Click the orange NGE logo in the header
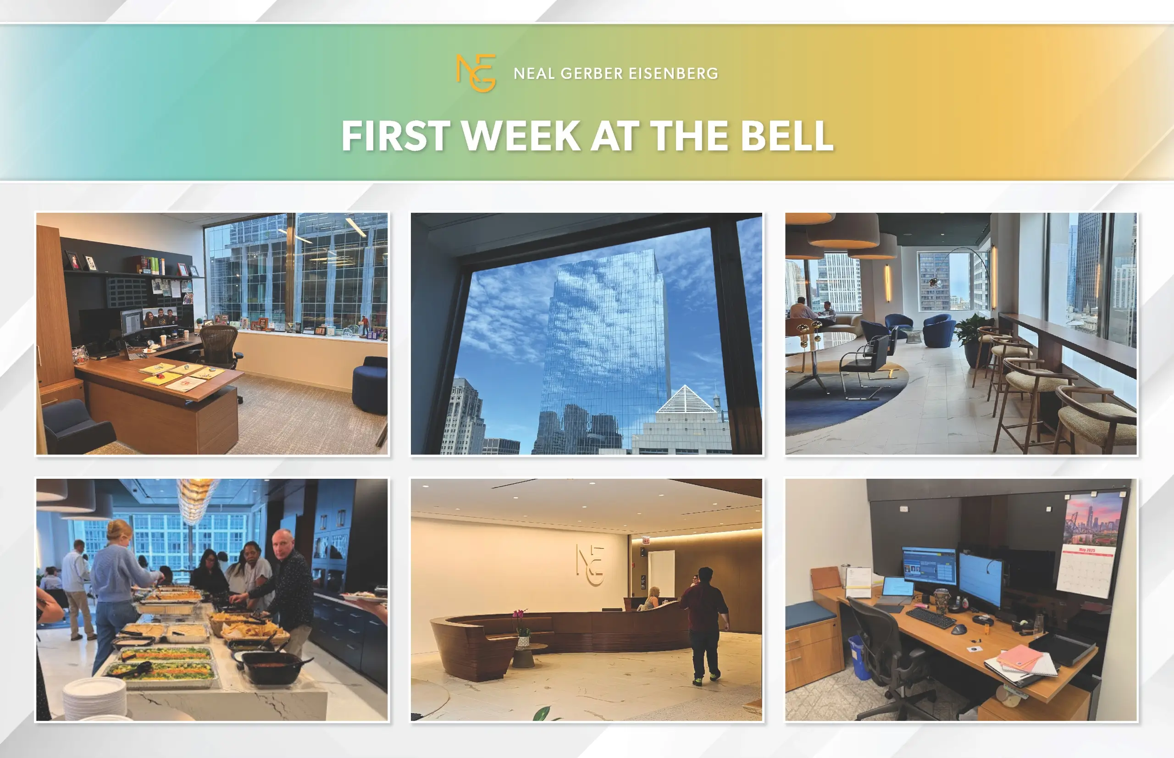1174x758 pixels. (476, 73)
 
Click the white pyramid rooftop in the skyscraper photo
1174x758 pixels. (686, 399)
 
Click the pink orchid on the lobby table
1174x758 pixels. (521, 621)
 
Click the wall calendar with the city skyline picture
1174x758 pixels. (1091, 544)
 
